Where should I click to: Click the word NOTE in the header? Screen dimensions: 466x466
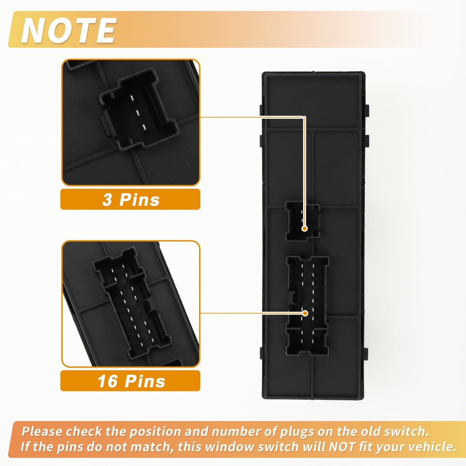68,30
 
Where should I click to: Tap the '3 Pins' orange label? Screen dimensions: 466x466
130,199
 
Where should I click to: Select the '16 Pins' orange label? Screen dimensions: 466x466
130,381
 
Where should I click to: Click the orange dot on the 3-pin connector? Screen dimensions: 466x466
305,228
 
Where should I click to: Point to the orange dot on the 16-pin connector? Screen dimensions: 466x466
305,313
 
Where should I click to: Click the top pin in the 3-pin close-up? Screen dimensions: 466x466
132,98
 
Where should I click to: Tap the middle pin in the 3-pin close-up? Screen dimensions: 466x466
137,112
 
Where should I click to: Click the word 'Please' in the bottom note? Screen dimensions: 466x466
42,431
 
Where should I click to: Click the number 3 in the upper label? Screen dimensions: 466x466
107,200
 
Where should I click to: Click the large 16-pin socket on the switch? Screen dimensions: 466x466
307,306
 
